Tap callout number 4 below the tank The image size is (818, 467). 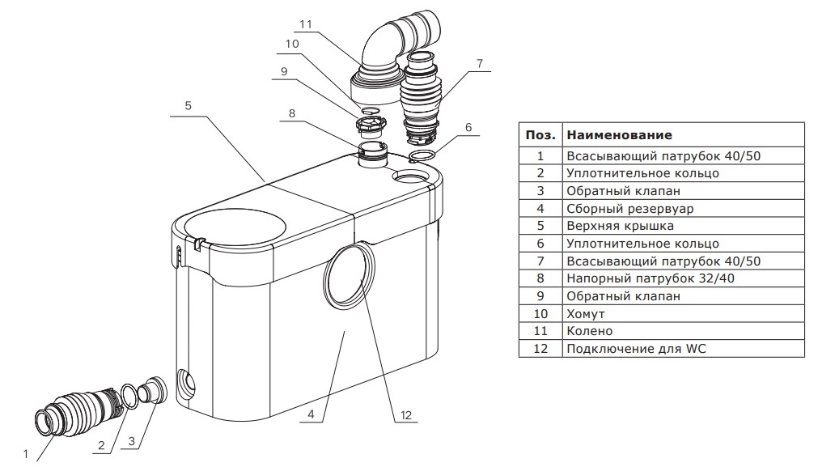click(x=312, y=416)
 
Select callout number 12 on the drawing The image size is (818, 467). click(x=406, y=416)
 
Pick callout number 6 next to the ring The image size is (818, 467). click(x=468, y=127)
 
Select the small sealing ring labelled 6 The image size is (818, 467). click(x=424, y=155)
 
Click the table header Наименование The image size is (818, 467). click(x=619, y=134)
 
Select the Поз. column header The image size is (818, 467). click(x=540, y=134)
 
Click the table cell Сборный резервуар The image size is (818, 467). click(x=619, y=207)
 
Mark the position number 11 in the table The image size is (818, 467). click(x=540, y=331)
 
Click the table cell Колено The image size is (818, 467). click(x=589, y=331)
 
